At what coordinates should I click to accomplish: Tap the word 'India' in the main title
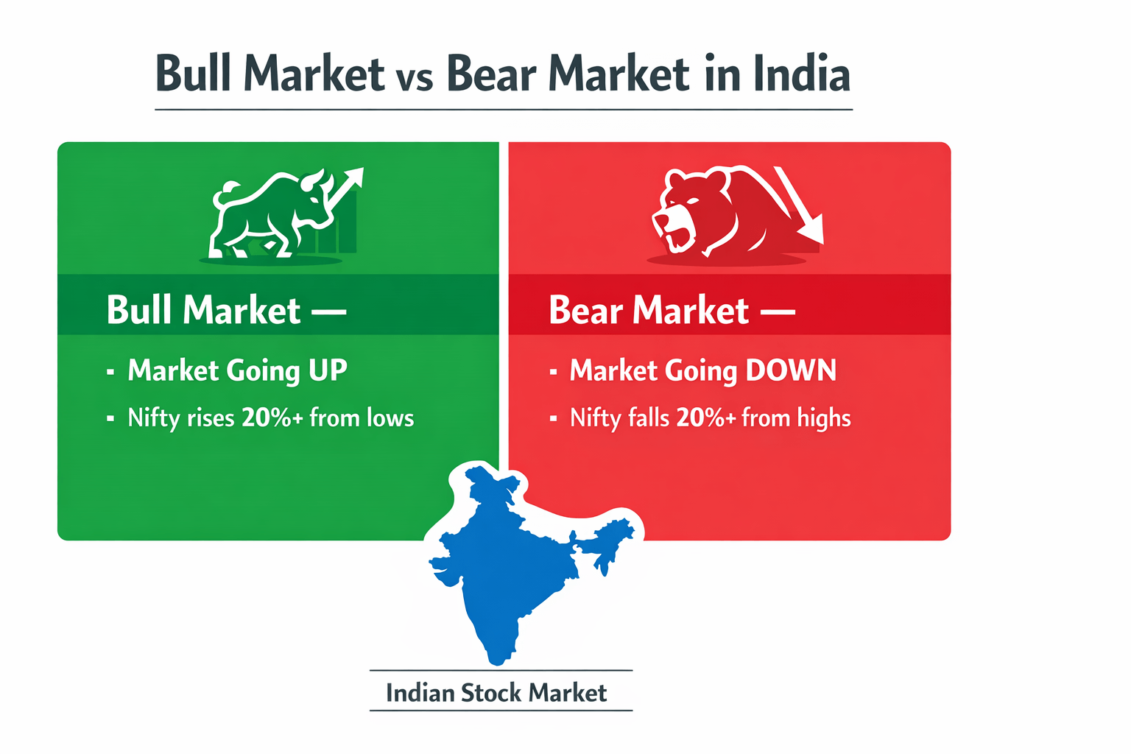point(802,74)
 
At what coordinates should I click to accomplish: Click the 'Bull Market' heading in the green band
point(203,310)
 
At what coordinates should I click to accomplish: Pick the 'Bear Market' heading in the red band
point(649,310)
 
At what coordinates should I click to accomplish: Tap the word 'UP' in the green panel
point(328,370)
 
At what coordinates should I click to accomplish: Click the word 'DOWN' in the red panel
point(791,370)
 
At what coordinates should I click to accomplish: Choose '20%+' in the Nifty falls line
point(705,418)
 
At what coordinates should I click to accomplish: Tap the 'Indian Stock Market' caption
point(496,693)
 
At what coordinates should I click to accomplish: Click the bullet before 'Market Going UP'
point(110,372)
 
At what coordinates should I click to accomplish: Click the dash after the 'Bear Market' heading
point(778,312)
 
